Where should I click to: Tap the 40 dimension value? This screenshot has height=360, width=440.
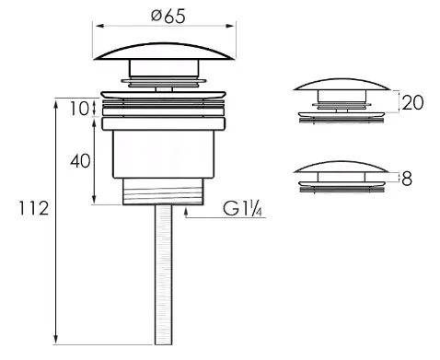(81, 160)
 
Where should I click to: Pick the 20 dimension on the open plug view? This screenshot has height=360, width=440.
(413, 102)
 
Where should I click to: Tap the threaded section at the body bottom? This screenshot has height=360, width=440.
(162, 192)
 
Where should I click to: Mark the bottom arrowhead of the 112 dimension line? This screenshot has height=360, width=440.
(57, 340)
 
